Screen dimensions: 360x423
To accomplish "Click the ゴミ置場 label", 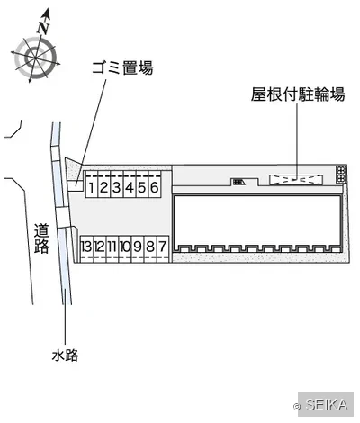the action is (122, 67).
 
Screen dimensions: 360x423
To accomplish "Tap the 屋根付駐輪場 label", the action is (298, 94).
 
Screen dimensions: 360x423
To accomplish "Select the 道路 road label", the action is (41, 238).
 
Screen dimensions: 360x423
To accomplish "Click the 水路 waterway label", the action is (65, 355).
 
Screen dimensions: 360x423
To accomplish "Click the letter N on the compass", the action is (43, 28).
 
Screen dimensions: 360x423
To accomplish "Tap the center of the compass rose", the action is (35, 58).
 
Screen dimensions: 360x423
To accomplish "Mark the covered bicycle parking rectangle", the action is (296, 180).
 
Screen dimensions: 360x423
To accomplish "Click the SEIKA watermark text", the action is (327, 405).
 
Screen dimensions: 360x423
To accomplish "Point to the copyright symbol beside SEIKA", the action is (297, 407).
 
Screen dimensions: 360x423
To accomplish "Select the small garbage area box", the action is (75, 186).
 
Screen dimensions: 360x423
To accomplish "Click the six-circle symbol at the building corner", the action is (341, 174).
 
